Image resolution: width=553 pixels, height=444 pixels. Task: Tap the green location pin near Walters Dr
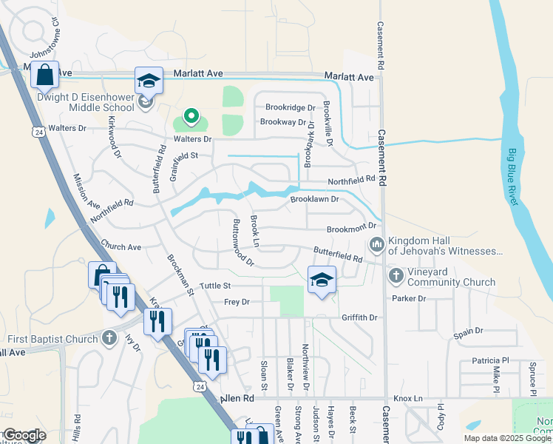coord(191,115)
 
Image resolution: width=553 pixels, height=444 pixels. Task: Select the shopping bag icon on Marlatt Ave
coord(44,75)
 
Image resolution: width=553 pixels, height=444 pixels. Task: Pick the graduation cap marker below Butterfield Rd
coord(322,280)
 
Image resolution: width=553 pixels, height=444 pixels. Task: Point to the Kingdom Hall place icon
coord(376,243)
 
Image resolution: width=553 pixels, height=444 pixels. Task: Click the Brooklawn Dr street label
coord(314,199)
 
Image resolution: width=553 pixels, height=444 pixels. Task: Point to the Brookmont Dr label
coord(352,227)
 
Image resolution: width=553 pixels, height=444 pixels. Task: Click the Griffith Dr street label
coord(359,317)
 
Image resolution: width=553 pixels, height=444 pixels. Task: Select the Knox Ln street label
coord(408,398)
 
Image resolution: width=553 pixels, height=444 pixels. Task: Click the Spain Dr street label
coord(468,332)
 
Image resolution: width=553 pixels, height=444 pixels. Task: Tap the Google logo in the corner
coord(24,435)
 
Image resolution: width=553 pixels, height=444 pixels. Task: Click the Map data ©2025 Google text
coord(507,438)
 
